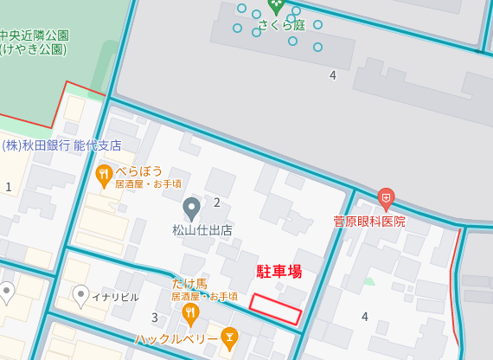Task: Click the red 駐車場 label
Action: tap(279, 272)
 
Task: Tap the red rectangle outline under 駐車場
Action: tap(276, 309)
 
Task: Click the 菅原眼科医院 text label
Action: tap(369, 222)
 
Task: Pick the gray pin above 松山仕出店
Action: tap(192, 209)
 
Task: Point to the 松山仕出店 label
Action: tap(202, 231)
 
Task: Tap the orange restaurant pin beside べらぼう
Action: tap(105, 175)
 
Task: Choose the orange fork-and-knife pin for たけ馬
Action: tap(190, 312)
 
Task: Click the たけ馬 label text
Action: tap(189, 284)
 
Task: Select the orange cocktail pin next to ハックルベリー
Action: tap(229, 336)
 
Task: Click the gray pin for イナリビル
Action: tap(81, 296)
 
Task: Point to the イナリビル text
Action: tap(115, 297)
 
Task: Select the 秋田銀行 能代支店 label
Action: tap(61, 145)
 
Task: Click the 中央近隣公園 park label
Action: tap(34, 35)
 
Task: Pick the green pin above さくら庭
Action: tap(276, 6)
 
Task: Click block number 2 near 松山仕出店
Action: tap(217, 202)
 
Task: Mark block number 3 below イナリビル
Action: tap(155, 318)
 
